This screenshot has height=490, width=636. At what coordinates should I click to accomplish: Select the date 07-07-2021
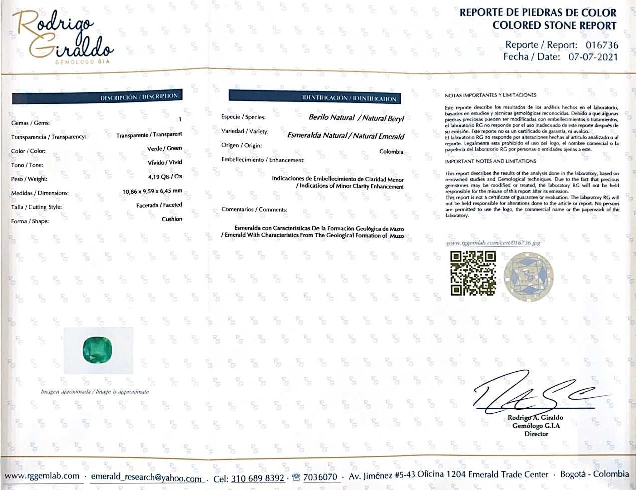coord(593,57)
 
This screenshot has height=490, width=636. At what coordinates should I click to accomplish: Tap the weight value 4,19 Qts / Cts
coord(162,176)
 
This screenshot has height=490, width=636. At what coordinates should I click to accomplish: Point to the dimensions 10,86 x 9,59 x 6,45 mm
coord(152,191)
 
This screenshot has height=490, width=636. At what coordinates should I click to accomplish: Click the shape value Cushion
coord(172,219)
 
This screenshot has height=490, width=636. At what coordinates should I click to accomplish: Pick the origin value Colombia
coord(391,152)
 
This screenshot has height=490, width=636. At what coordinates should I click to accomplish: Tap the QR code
coord(473,273)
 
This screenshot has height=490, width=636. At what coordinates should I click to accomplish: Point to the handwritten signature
coord(536,392)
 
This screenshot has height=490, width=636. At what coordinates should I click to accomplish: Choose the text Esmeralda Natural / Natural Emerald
coord(346,136)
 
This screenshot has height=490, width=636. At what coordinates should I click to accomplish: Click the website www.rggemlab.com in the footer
coord(42,476)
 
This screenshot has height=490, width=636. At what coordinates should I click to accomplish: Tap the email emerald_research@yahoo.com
coord(146,478)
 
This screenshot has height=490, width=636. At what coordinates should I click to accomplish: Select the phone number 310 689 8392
coord(257,478)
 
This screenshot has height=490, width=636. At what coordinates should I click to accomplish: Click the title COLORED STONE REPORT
coord(554,26)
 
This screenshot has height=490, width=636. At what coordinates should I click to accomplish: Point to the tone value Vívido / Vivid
coord(168,162)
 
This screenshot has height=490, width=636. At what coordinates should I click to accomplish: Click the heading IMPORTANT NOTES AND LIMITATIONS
coord(490,161)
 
